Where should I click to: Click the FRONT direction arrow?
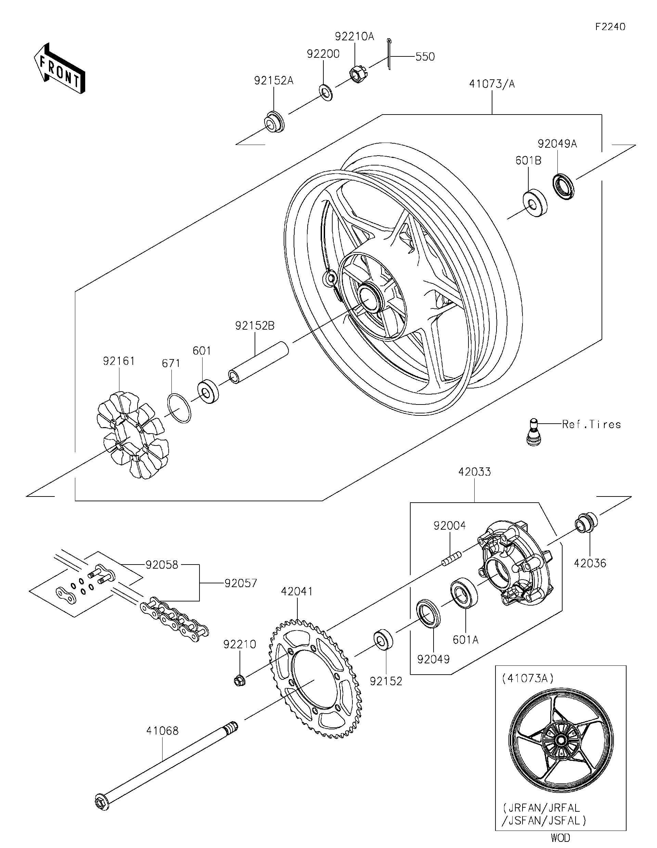click(x=59, y=69)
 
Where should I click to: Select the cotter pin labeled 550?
click(x=389, y=55)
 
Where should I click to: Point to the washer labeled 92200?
click(x=325, y=92)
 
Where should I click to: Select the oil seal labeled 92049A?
click(x=563, y=187)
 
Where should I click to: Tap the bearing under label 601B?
click(x=534, y=203)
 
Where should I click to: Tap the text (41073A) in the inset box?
click(x=528, y=678)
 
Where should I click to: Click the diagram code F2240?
click(x=610, y=27)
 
